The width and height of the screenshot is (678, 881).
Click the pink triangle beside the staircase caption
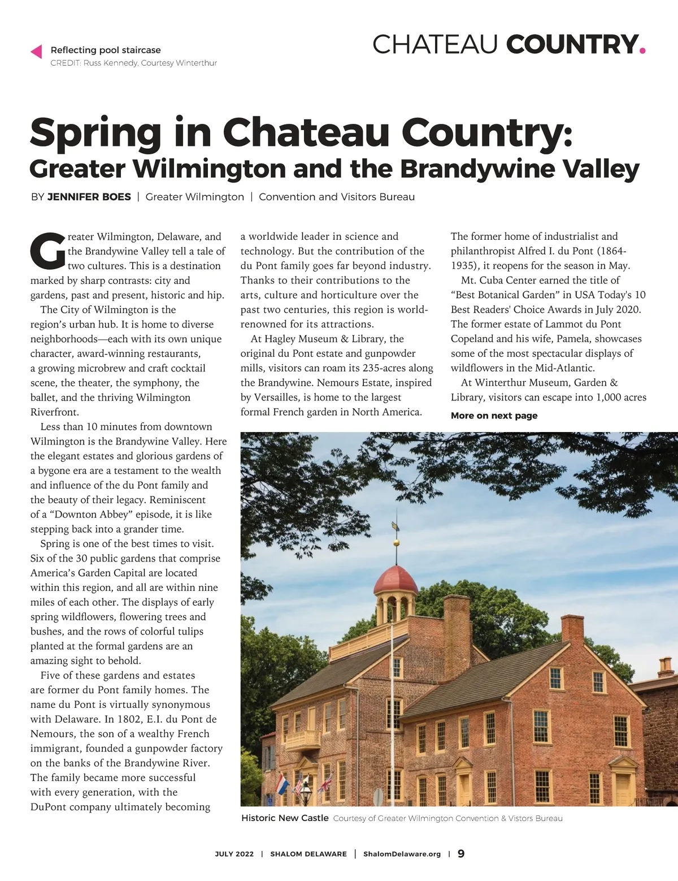tap(36, 51)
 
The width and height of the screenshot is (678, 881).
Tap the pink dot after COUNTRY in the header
tap(642, 51)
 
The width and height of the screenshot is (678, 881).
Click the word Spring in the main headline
tap(95, 132)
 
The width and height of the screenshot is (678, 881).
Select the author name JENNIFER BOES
tap(89, 197)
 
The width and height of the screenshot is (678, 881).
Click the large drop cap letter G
tap(47, 251)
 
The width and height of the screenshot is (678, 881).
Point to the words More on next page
tap(494, 416)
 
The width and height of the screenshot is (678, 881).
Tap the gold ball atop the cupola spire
tap(396, 543)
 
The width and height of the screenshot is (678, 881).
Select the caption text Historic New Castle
tap(285, 818)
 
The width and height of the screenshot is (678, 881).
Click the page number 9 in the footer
tap(461, 853)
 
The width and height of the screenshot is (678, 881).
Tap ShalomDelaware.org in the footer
tap(402, 854)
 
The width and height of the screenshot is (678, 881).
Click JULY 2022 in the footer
tap(234, 854)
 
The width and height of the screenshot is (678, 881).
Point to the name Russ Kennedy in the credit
tap(110, 63)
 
